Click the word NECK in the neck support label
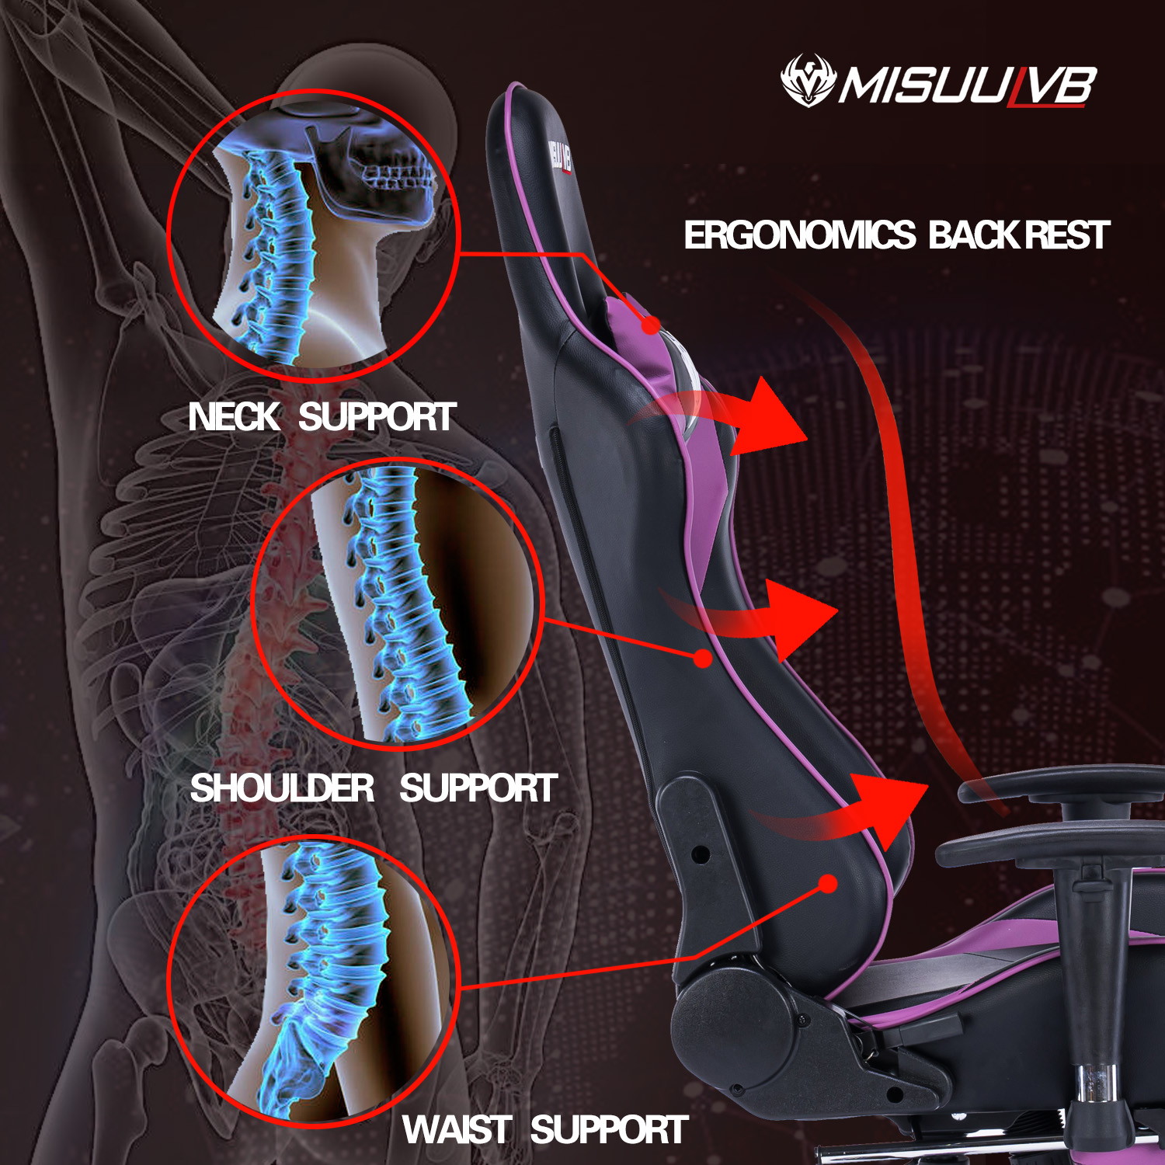pyautogui.click(x=233, y=417)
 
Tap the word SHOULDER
pyautogui.click(x=282, y=788)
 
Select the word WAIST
pyautogui.click(x=457, y=1130)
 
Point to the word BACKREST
pyautogui.click(x=1019, y=235)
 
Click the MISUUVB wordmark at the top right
pyautogui.click(x=967, y=85)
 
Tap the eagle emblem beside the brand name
pyautogui.click(x=808, y=80)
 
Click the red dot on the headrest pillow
pyautogui.click(x=651, y=324)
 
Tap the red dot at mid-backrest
pyautogui.click(x=703, y=659)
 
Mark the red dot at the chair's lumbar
pyautogui.click(x=829, y=884)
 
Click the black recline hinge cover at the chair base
pyautogui.click(x=738, y=1010)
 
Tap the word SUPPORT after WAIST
pyautogui.click(x=609, y=1130)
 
